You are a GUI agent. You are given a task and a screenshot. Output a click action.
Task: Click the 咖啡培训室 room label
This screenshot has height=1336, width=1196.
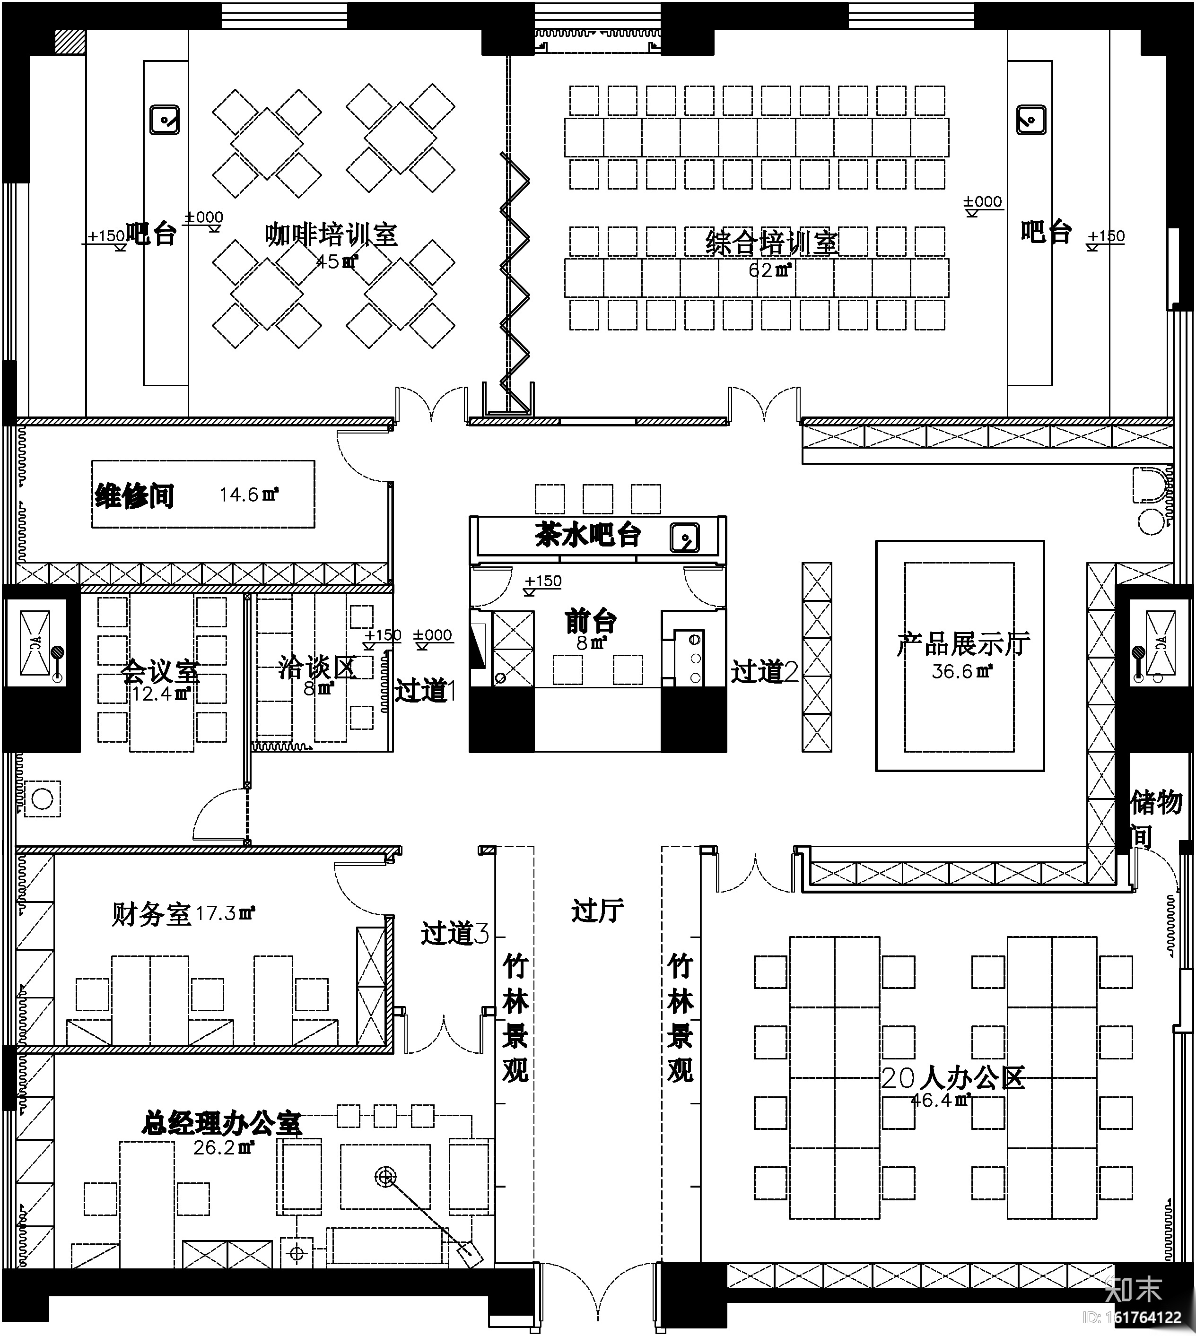tap(331, 234)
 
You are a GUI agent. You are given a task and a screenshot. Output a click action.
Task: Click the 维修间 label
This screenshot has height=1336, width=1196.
tap(135, 495)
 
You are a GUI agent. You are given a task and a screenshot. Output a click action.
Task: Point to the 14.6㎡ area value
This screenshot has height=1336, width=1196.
tap(248, 494)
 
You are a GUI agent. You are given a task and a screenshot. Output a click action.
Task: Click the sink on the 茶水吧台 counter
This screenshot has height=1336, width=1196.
tap(684, 538)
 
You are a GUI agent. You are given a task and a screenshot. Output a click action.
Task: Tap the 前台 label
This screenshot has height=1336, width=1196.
tap(591, 621)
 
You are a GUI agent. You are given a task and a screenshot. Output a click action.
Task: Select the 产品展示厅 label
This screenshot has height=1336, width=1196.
tap(963, 644)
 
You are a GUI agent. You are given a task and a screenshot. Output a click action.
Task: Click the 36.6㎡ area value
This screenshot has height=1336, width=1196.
tap(961, 671)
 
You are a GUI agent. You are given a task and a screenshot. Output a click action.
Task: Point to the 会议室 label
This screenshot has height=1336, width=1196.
tap(160, 671)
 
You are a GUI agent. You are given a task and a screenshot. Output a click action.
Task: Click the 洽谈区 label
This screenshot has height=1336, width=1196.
tap(317, 668)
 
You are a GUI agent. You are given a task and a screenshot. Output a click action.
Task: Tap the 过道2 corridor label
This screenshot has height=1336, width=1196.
tap(764, 671)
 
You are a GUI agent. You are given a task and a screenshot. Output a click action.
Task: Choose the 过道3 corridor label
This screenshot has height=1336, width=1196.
tap(455, 933)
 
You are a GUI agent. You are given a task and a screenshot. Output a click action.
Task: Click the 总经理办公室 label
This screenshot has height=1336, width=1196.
tap(221, 1123)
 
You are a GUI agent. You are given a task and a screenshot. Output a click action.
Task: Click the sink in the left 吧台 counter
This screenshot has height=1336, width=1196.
tap(164, 120)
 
